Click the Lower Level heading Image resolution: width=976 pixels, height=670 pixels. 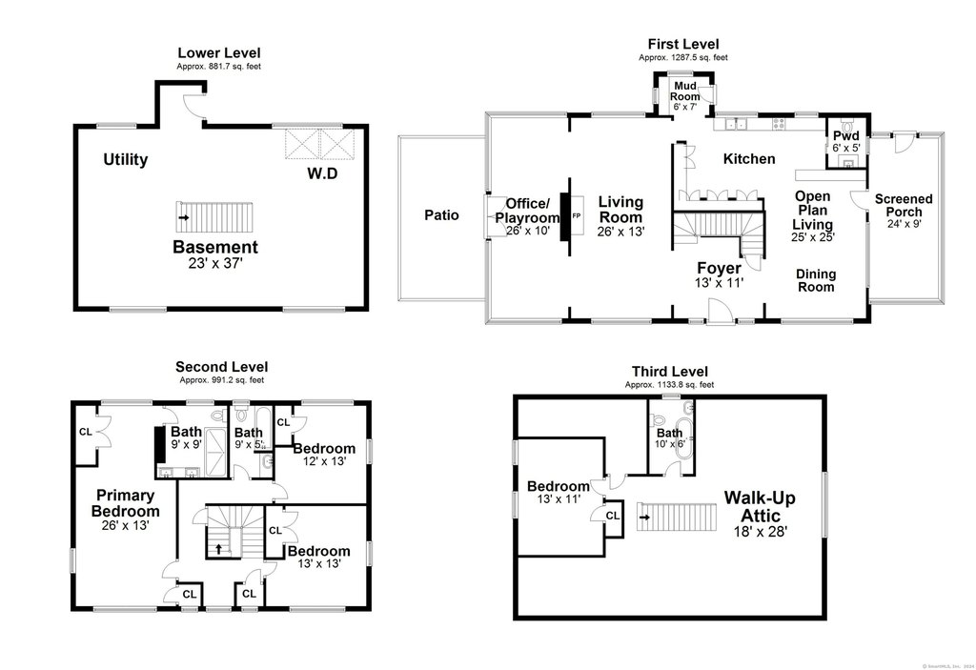[218, 52]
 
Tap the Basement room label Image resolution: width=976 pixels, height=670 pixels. [214, 247]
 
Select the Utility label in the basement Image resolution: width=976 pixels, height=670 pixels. [125, 159]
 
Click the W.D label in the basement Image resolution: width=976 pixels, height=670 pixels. [321, 174]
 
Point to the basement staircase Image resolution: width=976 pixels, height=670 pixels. [213, 217]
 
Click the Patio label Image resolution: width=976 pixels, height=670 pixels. [441, 215]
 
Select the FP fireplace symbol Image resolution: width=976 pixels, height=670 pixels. [575, 216]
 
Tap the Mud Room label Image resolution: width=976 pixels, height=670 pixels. [685, 91]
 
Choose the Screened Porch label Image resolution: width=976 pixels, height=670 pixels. [904, 205]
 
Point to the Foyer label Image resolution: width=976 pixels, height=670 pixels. [719, 268]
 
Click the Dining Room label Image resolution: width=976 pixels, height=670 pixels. [816, 280]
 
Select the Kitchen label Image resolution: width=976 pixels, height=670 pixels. [748, 159]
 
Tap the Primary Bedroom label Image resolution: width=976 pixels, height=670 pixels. [125, 503]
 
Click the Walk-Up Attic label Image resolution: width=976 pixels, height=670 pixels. [759, 506]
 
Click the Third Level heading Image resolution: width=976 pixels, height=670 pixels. [669, 372]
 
